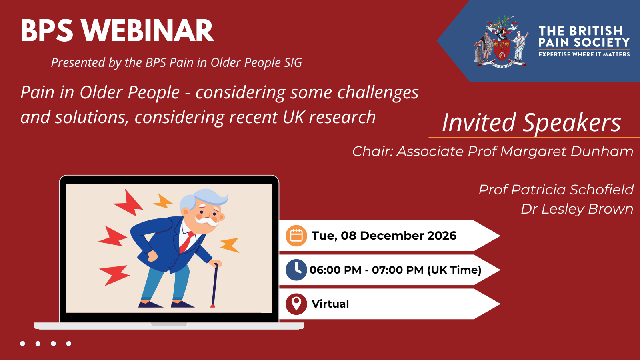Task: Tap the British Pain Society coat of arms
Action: [502, 42]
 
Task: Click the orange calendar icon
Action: [296, 236]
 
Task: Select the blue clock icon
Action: [296, 270]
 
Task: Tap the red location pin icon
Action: [296, 304]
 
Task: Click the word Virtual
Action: [330, 304]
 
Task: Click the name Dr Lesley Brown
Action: [577, 209]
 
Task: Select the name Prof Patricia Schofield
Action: [556, 190]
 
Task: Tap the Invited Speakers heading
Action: [532, 122]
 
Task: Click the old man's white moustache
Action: [206, 220]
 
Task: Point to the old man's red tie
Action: [187, 242]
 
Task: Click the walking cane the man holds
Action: [214, 285]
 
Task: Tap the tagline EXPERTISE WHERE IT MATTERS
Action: [584, 54]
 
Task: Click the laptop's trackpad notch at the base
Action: [169, 324]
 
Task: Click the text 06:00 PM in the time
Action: [336, 270]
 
